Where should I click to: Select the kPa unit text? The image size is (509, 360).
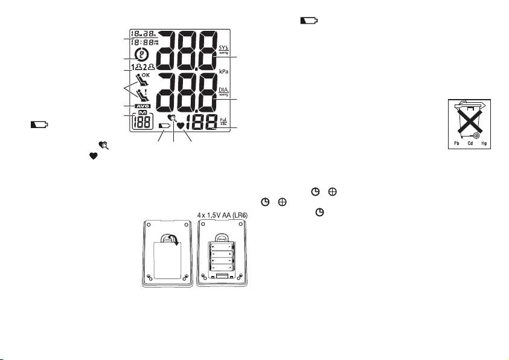pyautogui.click(x=223, y=71)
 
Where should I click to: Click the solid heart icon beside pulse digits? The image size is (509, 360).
pyautogui.click(x=181, y=126)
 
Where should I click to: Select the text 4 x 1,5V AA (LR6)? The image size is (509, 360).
pyautogui.click(x=225, y=214)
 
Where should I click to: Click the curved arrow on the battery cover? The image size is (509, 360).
pyautogui.click(x=173, y=242)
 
